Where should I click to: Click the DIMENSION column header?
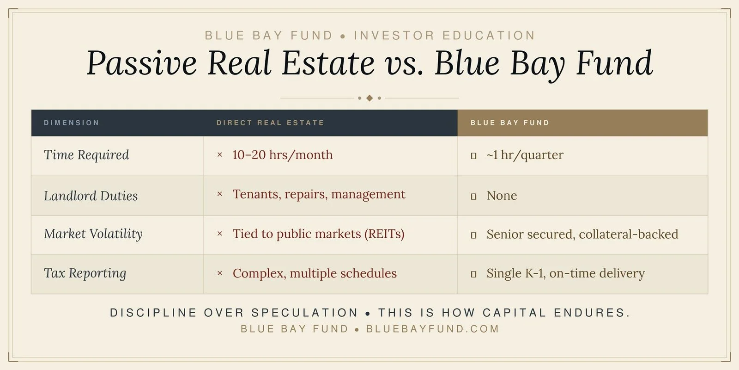point(72,123)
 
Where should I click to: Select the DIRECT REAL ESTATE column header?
point(270,123)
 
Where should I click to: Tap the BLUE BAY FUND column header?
point(510,123)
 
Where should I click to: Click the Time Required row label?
point(86,155)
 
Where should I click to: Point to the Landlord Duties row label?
point(91,196)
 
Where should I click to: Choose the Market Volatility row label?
point(93,234)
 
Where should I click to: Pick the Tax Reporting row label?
point(85,273)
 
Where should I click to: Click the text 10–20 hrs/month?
point(282,155)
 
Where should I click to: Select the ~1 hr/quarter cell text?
point(525,155)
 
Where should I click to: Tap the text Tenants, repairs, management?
point(319,194)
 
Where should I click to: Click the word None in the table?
point(502,196)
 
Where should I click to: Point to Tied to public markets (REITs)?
point(318,234)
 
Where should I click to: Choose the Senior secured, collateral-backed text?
point(582,234)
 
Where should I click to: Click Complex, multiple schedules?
point(315,273)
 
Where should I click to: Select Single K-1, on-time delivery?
point(565,273)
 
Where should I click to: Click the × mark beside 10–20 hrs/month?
point(220,155)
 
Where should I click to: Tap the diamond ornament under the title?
point(369,98)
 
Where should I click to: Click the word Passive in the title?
point(141,63)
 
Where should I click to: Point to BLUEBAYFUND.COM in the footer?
point(433,329)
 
